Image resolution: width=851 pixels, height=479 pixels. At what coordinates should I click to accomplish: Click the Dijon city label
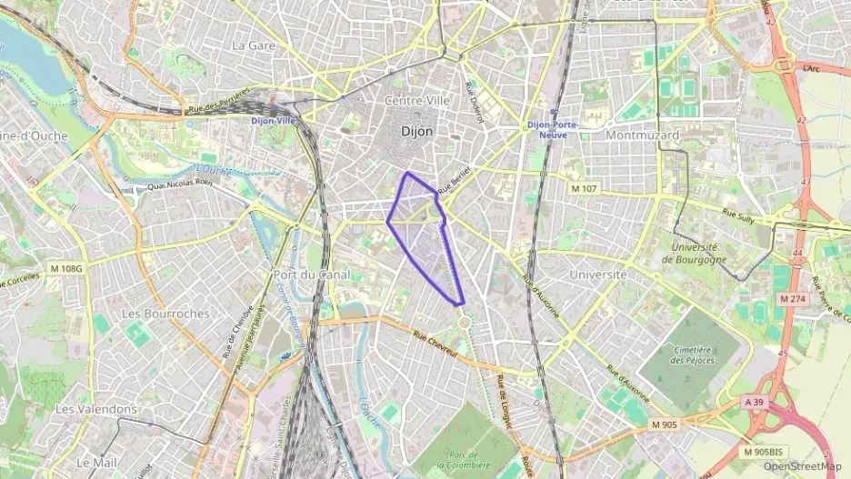tap(417, 132)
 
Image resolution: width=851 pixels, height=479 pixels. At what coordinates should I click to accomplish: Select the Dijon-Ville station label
tap(274, 120)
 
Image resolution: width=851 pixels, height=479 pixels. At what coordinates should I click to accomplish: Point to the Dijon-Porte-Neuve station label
tap(554, 130)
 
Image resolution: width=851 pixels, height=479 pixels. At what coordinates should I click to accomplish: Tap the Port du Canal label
tap(307, 274)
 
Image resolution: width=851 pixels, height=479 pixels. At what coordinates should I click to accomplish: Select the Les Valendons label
tap(96, 409)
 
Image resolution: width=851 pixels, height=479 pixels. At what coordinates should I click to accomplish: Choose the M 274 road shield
tap(794, 298)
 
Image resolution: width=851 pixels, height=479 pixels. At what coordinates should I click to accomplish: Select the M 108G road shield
tap(66, 269)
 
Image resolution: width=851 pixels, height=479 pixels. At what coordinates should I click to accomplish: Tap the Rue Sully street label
tap(739, 215)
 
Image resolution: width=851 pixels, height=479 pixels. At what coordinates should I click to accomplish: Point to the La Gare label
tap(254, 45)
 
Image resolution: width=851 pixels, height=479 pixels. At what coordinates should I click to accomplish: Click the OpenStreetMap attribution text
tap(801, 466)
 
